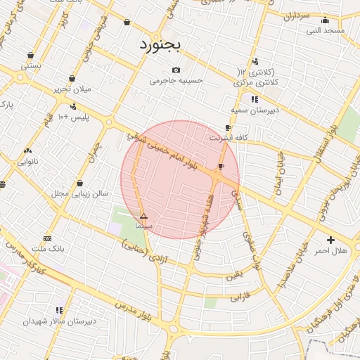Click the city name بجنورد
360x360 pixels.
160,46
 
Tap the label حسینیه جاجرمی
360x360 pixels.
176,81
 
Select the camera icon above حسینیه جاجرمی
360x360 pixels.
176,70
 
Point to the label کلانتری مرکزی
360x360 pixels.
254,82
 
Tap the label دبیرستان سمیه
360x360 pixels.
255,110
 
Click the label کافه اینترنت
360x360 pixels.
227,138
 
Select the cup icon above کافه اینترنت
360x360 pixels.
227,127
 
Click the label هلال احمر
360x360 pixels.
330,251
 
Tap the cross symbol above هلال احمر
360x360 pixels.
330,240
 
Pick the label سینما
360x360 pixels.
144,226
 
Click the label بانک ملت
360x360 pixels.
49,249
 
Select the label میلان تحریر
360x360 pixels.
72,89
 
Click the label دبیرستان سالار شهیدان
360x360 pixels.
59,321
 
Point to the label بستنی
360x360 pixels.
31,65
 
